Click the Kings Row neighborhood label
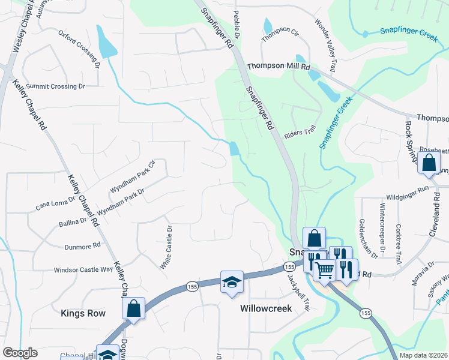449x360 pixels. coord(83,313)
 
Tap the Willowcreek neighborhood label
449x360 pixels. coord(265,308)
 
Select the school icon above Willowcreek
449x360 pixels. coord(231,283)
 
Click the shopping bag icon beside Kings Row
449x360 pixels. coord(133,308)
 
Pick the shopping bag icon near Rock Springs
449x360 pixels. coord(429,163)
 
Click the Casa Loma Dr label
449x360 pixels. coord(55,203)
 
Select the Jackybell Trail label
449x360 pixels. coord(298,293)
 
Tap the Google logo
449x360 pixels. coord(20,353)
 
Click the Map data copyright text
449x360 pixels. coord(423,355)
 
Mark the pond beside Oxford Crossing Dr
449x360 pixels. coord(106,44)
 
